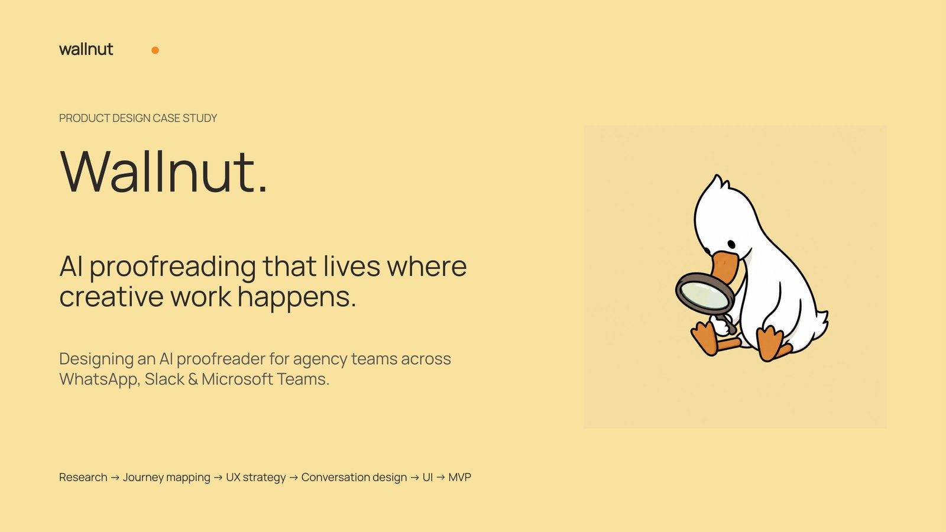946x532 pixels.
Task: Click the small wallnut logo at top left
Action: click(x=86, y=49)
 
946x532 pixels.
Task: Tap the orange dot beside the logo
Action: click(x=155, y=50)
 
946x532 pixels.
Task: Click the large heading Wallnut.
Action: click(x=164, y=171)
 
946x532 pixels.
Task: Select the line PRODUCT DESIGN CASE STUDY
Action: click(x=138, y=118)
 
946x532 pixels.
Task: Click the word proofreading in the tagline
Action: click(x=173, y=267)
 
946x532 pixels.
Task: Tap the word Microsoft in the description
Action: click(x=237, y=379)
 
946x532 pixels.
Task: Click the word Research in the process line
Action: click(x=83, y=477)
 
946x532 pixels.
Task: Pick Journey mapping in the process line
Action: click(x=166, y=478)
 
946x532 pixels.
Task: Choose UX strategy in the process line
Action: click(x=256, y=478)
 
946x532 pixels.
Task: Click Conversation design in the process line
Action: click(x=354, y=478)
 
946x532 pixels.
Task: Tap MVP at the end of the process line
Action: click(x=459, y=477)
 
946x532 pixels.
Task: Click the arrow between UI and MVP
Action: click(x=441, y=478)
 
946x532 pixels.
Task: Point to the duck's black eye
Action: click(x=731, y=244)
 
